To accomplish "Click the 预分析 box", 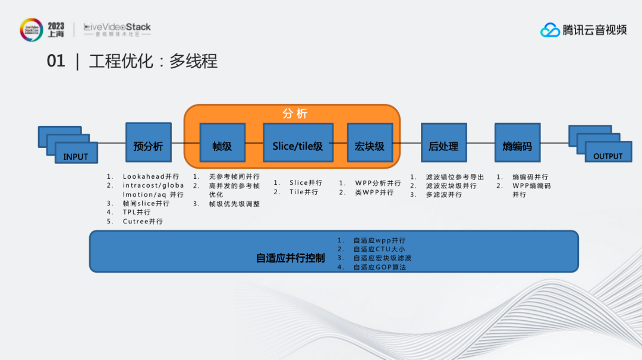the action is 148,143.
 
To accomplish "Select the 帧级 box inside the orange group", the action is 222,143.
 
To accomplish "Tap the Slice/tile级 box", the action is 298,143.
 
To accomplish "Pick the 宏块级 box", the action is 370,143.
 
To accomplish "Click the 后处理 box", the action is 444,143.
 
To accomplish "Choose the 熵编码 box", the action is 518,143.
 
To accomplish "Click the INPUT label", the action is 75,157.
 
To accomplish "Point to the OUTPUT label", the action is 608,156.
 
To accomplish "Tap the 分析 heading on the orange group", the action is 295,113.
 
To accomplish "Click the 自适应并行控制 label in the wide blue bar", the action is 290,258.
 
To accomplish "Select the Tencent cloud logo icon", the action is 550,30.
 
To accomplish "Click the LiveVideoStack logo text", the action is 118,27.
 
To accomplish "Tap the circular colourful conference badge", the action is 32,30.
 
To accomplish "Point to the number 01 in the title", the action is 56,61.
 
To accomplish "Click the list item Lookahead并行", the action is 151,176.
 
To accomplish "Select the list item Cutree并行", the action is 143,222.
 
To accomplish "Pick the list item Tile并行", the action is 304,192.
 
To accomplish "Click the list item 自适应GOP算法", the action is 380,267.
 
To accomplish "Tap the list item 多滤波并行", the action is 444,195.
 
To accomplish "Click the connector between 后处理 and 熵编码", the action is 481,143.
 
